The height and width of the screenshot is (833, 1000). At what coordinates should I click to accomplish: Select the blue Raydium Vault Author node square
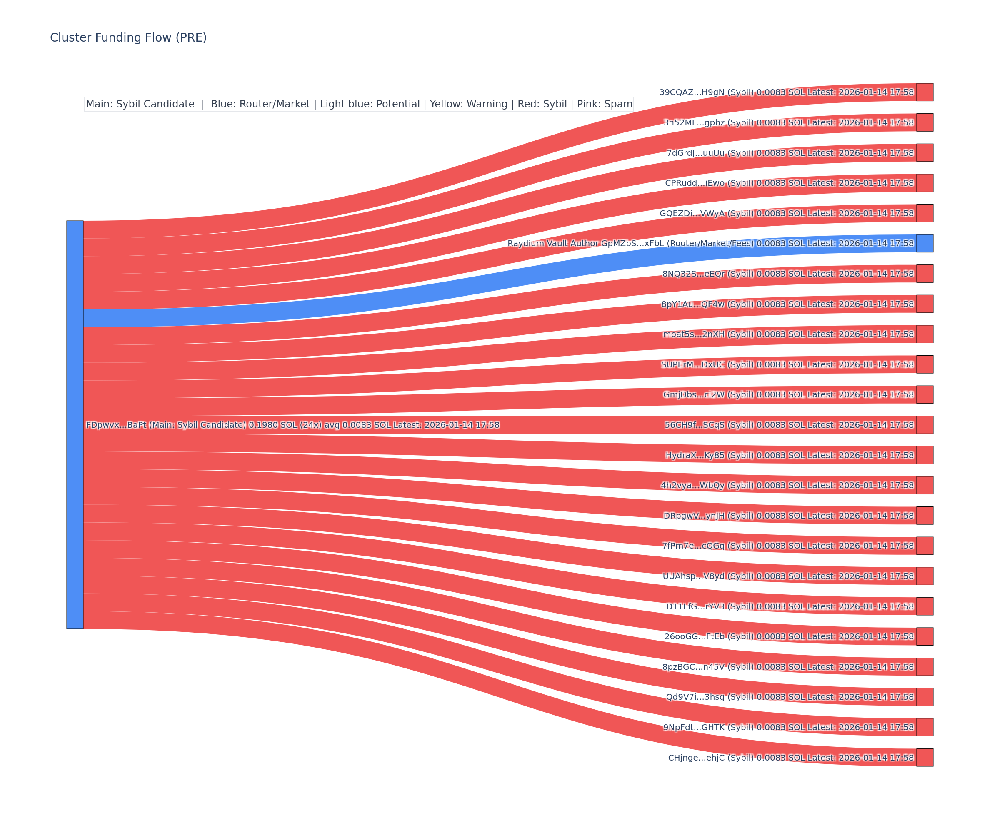tap(925, 243)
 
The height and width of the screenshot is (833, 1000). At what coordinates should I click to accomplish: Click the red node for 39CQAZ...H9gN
tap(925, 92)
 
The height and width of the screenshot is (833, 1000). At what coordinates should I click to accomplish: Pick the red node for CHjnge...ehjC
tap(925, 757)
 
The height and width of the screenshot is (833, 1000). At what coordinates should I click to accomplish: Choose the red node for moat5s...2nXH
tap(925, 334)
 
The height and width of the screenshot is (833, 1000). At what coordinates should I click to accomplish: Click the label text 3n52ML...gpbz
tap(685, 122)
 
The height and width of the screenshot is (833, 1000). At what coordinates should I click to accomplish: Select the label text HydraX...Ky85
tap(686, 455)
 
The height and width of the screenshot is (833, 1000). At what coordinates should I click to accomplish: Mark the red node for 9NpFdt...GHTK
tap(925, 727)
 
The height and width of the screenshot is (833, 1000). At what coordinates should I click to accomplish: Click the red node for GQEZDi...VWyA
tap(925, 213)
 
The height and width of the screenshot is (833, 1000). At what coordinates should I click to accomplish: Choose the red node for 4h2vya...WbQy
tap(925, 485)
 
